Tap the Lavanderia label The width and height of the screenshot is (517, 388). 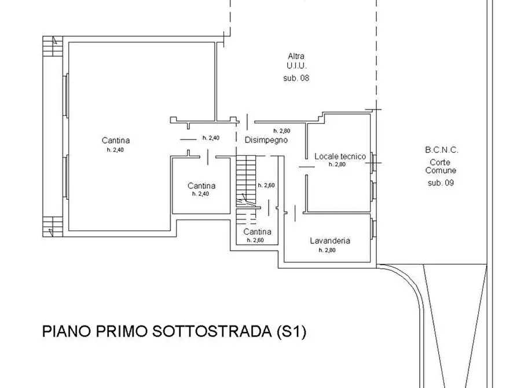pos(330,241)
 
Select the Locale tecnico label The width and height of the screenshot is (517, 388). pos(340,156)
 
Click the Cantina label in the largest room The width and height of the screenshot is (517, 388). pos(116,140)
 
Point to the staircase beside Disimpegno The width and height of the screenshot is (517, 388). pos(246,180)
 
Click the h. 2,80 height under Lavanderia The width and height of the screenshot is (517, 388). pos(327,250)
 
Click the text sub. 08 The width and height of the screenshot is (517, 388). pos(296,77)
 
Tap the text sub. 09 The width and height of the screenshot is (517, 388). pos(441,183)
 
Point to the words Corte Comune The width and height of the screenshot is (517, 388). pos(441,167)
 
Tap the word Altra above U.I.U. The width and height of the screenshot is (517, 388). pos(296,56)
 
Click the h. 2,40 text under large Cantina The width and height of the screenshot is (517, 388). pos(115,150)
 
